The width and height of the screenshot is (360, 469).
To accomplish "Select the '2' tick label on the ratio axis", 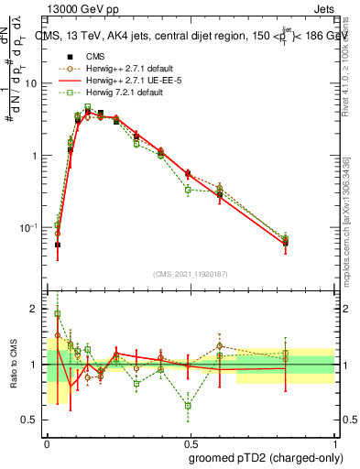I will [37, 309].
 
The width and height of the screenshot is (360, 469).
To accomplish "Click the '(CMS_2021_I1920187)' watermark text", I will [191, 274].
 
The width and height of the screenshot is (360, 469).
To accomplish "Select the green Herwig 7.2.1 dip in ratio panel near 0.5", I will [188, 405].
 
